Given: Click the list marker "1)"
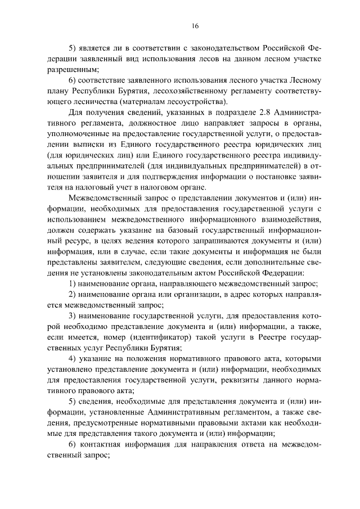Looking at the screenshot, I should pos(73,283).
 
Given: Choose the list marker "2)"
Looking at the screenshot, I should pos(73,294).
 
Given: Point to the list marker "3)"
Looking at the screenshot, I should pos(73,316).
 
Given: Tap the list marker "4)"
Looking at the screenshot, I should pos(73,359).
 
